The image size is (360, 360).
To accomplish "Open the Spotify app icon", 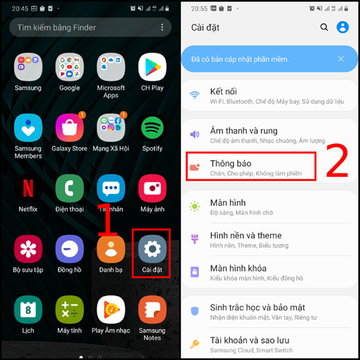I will [152, 127].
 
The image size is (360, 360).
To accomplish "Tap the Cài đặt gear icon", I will [152, 249].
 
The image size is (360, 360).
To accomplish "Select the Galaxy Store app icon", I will [70, 127].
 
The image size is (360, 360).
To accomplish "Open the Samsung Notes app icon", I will [152, 310].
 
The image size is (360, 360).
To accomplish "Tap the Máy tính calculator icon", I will [70, 310].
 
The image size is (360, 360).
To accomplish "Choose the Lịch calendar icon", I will [28, 310].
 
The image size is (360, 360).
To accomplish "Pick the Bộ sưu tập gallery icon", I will [28, 249].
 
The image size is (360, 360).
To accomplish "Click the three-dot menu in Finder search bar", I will [162, 28].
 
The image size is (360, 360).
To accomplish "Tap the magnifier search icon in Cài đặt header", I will [324, 27].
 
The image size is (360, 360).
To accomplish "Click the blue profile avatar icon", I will [343, 27].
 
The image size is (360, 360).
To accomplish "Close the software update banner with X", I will [341, 59].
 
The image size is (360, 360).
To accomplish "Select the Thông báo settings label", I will [231, 163].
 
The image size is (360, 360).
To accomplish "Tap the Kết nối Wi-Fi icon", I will [194, 95].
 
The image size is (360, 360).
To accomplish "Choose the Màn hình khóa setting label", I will [238, 268].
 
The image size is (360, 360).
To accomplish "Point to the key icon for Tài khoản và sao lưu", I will [194, 344].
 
